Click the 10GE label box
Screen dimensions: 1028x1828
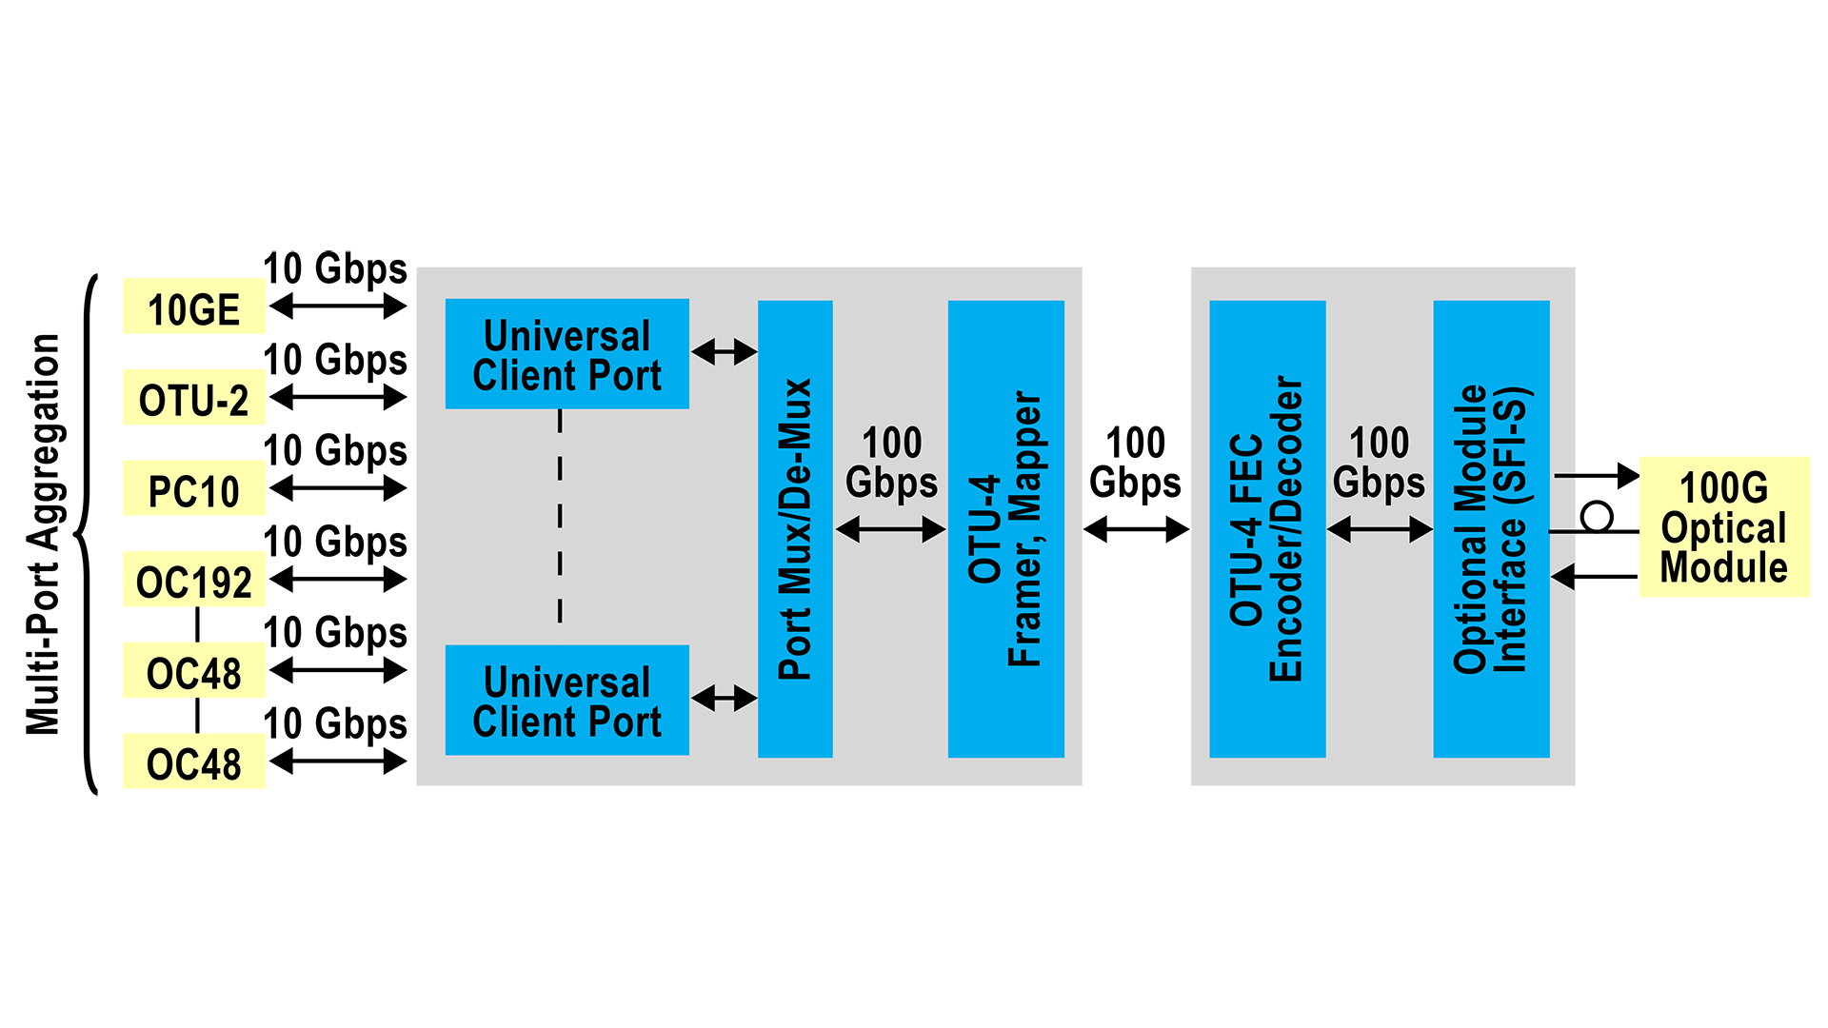[194, 306]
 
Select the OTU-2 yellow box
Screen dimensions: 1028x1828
[194, 398]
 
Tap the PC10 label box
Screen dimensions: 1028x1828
[194, 489]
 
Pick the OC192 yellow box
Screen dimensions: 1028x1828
[194, 580]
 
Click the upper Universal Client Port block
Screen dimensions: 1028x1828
[566, 354]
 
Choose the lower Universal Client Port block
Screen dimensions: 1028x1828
[566, 701]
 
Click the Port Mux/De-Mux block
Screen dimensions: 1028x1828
[795, 529]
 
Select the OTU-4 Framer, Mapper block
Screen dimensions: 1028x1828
[1005, 529]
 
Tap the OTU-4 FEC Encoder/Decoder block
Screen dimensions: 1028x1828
[1267, 529]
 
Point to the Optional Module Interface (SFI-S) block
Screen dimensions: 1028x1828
[1491, 529]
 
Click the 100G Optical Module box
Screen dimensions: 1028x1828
[1723, 527]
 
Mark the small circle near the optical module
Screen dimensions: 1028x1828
[1597, 517]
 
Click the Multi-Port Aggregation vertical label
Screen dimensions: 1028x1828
[43, 534]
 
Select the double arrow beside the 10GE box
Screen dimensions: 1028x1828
[338, 306]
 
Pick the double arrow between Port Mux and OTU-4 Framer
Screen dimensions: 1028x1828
[890, 529]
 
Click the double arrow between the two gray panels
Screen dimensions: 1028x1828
[1136, 529]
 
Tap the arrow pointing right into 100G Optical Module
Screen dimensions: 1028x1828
[1597, 475]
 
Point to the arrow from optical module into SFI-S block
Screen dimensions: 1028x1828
[1595, 576]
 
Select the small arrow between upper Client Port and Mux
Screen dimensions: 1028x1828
[724, 352]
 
